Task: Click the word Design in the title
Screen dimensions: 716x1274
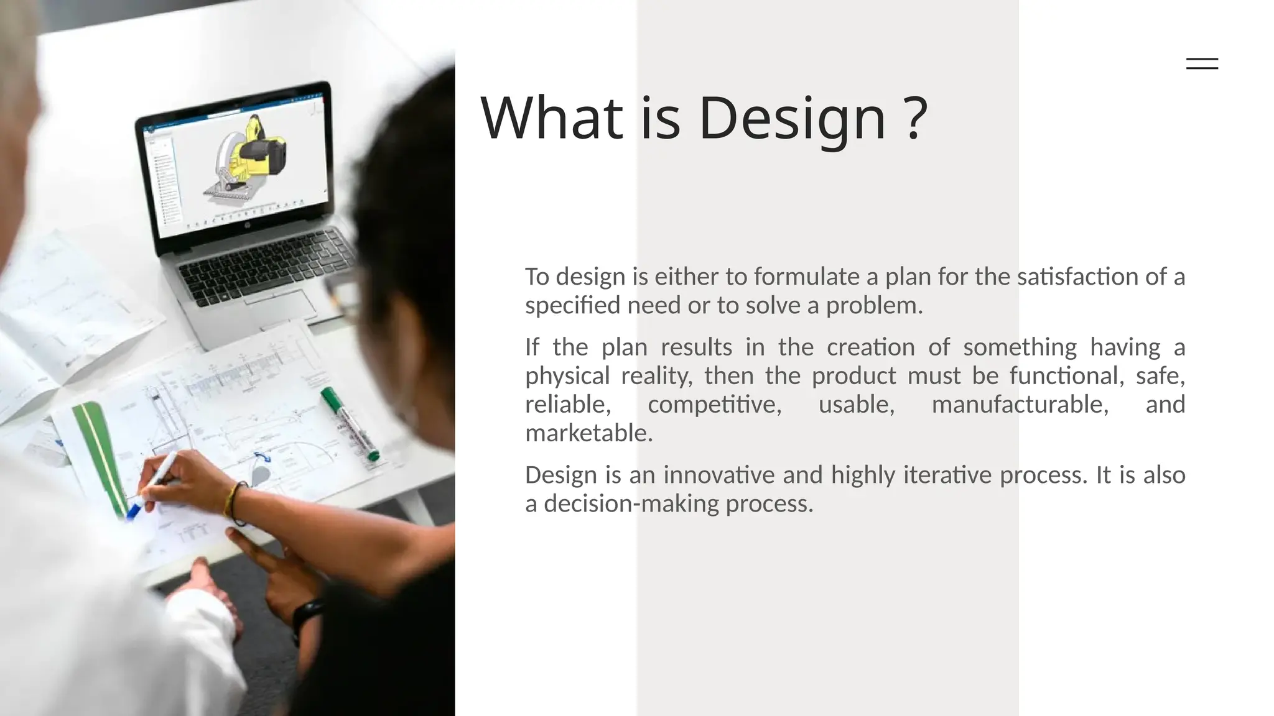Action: tap(792, 118)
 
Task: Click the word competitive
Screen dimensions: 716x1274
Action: tap(714, 405)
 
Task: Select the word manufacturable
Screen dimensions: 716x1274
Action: tap(1020, 405)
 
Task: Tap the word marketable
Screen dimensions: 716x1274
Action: tap(588, 433)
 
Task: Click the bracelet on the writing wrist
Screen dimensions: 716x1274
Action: tap(233, 502)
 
